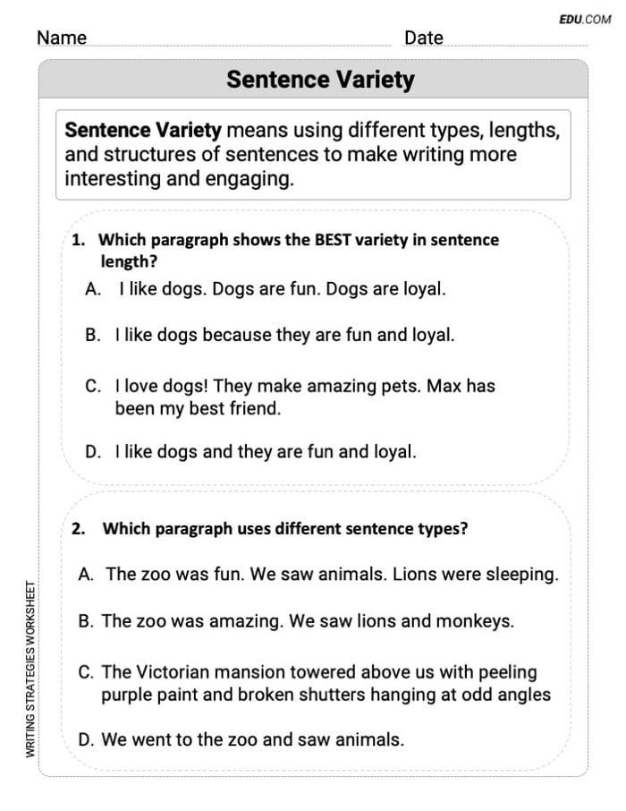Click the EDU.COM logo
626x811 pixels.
click(x=585, y=19)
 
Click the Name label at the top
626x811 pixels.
click(x=62, y=38)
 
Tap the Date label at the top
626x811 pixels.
click(x=423, y=38)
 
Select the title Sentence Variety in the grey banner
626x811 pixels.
click(x=320, y=80)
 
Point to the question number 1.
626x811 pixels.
click(x=78, y=240)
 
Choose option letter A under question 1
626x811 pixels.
click(x=93, y=289)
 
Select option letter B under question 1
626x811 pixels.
click(x=93, y=335)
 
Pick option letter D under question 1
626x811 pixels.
click(x=93, y=452)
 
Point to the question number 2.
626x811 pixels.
click(x=79, y=529)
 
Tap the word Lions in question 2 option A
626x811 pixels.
click(x=414, y=575)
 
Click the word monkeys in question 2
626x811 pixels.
click(x=479, y=621)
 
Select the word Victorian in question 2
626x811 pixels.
click(x=175, y=671)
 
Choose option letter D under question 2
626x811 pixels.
click(x=87, y=740)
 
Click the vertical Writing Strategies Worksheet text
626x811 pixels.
click(x=31, y=670)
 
